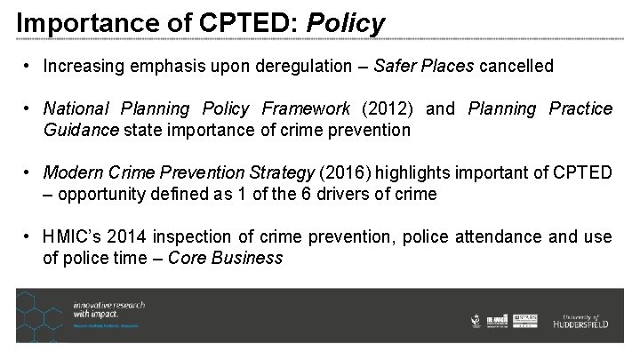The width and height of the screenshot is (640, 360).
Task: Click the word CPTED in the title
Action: tap(246, 21)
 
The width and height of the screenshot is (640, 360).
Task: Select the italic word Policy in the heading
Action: tap(346, 23)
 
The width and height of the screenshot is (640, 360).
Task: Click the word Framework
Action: tap(306, 108)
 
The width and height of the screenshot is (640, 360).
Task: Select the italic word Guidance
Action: tap(81, 130)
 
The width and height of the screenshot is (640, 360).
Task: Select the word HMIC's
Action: tap(76, 236)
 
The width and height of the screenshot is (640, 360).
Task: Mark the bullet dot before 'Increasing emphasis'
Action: tap(29, 66)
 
